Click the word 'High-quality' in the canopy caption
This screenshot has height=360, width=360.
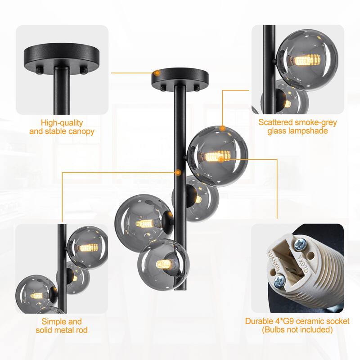[x=62, y=122]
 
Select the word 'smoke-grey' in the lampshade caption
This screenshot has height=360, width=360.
[x=315, y=122]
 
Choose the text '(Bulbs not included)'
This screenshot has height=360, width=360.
[x=297, y=330]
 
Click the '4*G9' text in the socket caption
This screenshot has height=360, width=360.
[x=285, y=321]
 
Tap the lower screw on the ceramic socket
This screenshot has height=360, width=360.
[x=279, y=282]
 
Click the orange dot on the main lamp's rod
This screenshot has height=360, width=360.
[x=180, y=172]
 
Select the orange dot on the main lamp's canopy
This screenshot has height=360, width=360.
[x=157, y=72]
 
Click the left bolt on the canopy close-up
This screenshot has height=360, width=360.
[x=40, y=70]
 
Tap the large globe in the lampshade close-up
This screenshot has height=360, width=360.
[x=306, y=56]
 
